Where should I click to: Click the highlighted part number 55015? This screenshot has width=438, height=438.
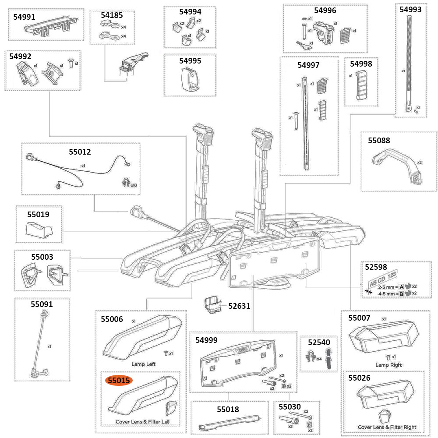(119, 381)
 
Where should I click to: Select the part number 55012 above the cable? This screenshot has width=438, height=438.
(80, 152)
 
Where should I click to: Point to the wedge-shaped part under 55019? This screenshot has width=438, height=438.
(39, 229)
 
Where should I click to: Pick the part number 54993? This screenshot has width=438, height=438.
(410, 9)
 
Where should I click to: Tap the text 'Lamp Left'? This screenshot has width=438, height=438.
(143, 364)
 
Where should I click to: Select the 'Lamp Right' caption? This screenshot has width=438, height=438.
(389, 365)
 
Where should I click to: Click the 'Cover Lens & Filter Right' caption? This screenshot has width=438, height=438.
(387, 427)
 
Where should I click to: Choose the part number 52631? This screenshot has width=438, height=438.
(239, 306)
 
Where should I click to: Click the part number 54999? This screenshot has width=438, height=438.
(207, 340)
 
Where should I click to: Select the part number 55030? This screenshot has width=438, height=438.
(290, 407)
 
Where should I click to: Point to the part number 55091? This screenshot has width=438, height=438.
(42, 304)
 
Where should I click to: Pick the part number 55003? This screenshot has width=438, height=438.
(42, 257)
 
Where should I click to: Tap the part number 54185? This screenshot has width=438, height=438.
(112, 15)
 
